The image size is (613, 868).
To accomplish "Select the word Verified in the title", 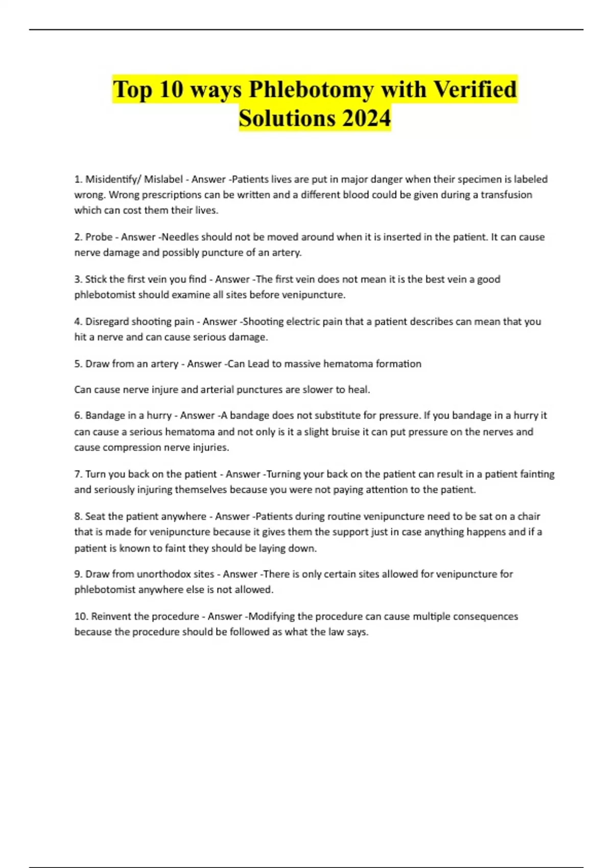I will (x=475, y=89).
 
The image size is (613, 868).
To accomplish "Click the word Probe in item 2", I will (x=99, y=237).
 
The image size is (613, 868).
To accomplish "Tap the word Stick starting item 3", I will (x=96, y=279).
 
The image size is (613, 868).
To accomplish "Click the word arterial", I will (x=222, y=390).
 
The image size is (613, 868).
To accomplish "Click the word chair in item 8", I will (x=528, y=516).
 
